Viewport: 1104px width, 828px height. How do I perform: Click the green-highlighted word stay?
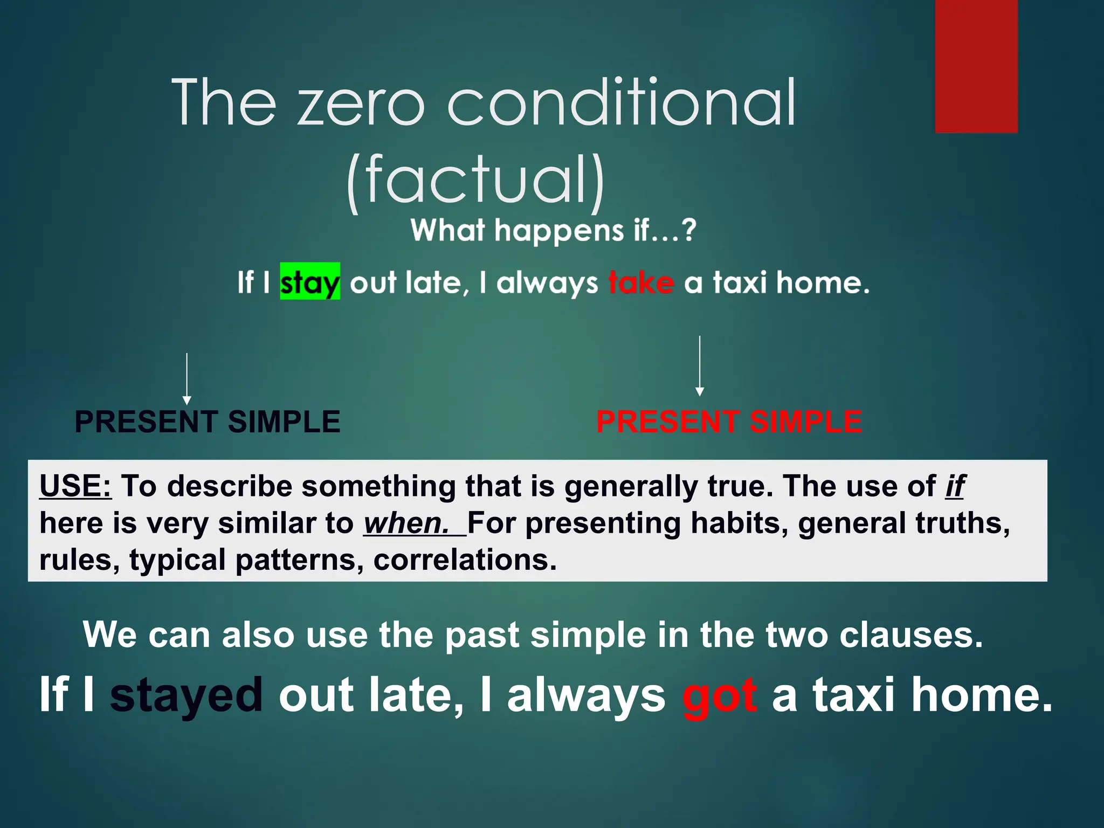click(310, 281)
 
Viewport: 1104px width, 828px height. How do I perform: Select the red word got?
click(720, 695)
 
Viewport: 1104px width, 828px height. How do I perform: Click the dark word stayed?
click(187, 695)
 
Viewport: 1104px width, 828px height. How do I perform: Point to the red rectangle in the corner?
click(976, 66)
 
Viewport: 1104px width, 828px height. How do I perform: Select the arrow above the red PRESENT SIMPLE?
click(699, 367)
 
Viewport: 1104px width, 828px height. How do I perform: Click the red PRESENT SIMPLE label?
click(729, 422)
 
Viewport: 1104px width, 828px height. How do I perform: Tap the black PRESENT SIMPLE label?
click(208, 422)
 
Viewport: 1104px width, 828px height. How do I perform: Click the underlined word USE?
click(75, 486)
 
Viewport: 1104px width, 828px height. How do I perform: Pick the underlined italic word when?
click(407, 523)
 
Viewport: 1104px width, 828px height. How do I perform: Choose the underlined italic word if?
click(955, 486)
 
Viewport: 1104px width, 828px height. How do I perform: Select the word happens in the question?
click(559, 231)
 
